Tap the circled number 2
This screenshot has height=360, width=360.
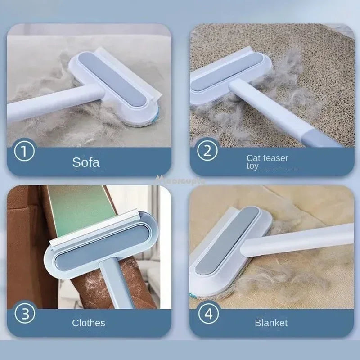pyautogui.click(x=207, y=151)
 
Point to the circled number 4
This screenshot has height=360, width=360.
pyautogui.click(x=208, y=313)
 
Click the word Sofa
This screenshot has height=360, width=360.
pyautogui.click(x=86, y=162)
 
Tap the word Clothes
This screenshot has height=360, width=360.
pyautogui.click(x=89, y=323)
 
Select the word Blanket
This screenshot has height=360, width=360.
pyautogui.click(x=271, y=323)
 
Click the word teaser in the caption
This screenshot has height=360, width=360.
pyautogui.click(x=275, y=158)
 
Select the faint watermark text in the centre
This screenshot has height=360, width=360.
pyautogui.click(x=180, y=180)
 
